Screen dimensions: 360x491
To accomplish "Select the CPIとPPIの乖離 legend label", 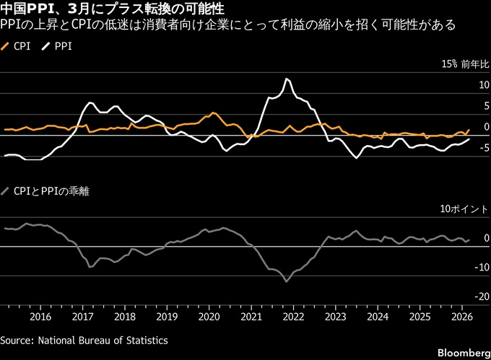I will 51,191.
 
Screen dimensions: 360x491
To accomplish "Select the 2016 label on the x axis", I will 40,316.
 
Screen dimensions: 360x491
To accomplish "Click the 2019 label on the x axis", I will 167,316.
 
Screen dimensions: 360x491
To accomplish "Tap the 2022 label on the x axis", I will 293,316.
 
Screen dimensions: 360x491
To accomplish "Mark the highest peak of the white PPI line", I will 287,78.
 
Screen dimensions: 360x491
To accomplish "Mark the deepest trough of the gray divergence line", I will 286,281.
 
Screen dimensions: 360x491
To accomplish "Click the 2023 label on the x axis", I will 335,316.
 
